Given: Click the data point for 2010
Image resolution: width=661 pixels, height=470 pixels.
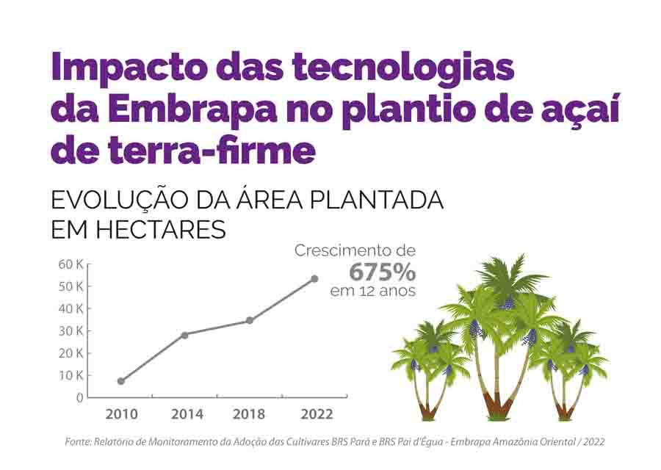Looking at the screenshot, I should [x=121, y=381].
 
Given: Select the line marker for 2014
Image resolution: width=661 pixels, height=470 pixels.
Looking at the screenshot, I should [x=184, y=335].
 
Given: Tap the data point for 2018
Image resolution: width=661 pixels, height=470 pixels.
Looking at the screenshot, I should [x=250, y=320].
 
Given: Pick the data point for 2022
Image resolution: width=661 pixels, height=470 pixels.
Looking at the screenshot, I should [x=315, y=278].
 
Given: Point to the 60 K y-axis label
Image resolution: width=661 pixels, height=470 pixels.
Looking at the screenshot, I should [x=71, y=264].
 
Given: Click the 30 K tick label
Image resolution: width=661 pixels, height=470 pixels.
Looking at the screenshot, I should [x=71, y=331].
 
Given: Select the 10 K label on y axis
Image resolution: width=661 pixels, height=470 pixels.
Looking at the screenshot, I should [x=71, y=375].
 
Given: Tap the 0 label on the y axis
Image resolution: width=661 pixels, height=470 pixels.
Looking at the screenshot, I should [x=80, y=397].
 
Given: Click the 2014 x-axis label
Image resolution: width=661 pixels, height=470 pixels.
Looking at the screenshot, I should [x=187, y=415].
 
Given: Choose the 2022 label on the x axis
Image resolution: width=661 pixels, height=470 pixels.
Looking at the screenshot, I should [x=317, y=415].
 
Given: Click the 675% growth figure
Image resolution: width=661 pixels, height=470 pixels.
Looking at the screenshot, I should [x=382, y=272].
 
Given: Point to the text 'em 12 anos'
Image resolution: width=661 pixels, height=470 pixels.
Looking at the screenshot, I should [x=372, y=292].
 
